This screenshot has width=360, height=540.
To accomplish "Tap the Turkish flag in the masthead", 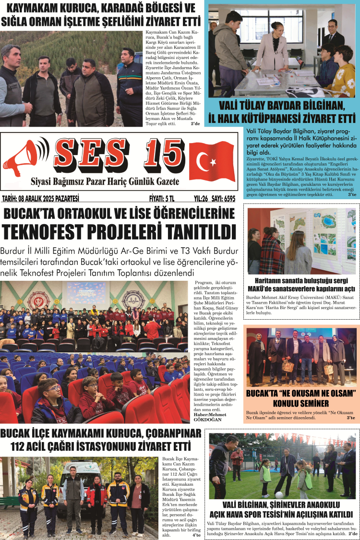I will [211, 159].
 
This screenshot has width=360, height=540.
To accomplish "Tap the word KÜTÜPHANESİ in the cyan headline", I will [284, 118].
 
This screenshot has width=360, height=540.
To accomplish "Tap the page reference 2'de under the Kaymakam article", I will [195, 123].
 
